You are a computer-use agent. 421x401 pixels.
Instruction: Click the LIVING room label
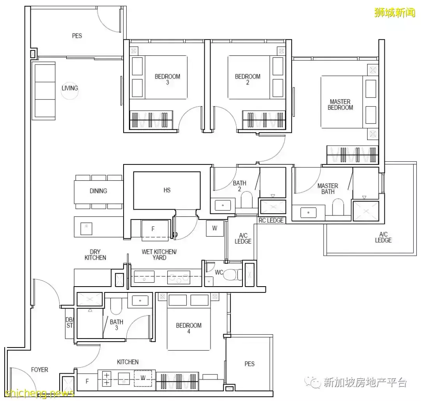[70, 88]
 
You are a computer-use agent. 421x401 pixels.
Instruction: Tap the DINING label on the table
[98, 191]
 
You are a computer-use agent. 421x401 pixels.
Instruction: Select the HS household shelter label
[167, 190]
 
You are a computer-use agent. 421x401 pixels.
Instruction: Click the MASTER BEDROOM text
[340, 105]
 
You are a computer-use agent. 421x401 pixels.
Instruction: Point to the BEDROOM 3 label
[167, 79]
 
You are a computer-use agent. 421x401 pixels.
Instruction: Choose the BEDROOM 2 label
[248, 79]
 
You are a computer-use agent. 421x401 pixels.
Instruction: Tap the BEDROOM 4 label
[189, 328]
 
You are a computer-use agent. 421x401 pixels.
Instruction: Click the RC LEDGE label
[271, 220]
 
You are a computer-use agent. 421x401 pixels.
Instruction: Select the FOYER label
[40, 369]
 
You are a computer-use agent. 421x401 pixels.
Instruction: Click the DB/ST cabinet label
[69, 322]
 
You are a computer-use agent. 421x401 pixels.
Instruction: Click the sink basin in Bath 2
[223, 205]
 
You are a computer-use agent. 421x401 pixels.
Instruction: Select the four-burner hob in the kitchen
[107, 378]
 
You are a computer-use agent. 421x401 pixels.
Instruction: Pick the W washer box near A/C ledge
[215, 228]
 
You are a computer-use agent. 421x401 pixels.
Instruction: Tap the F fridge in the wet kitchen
[153, 229]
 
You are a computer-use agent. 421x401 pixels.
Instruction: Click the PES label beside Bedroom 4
[249, 364]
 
